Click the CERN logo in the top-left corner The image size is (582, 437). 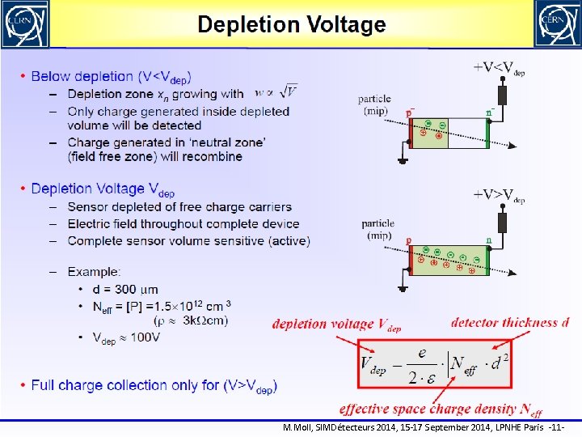[x=24, y=23]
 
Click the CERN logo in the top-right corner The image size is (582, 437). [x=557, y=23]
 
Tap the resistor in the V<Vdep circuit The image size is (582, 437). [x=503, y=94]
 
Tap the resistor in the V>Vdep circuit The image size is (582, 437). [x=503, y=221]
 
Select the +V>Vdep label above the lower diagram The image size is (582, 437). [x=499, y=195]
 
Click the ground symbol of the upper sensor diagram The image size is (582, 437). [x=403, y=160]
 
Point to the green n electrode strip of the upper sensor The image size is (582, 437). [x=487, y=133]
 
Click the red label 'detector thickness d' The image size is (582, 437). [x=509, y=323]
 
